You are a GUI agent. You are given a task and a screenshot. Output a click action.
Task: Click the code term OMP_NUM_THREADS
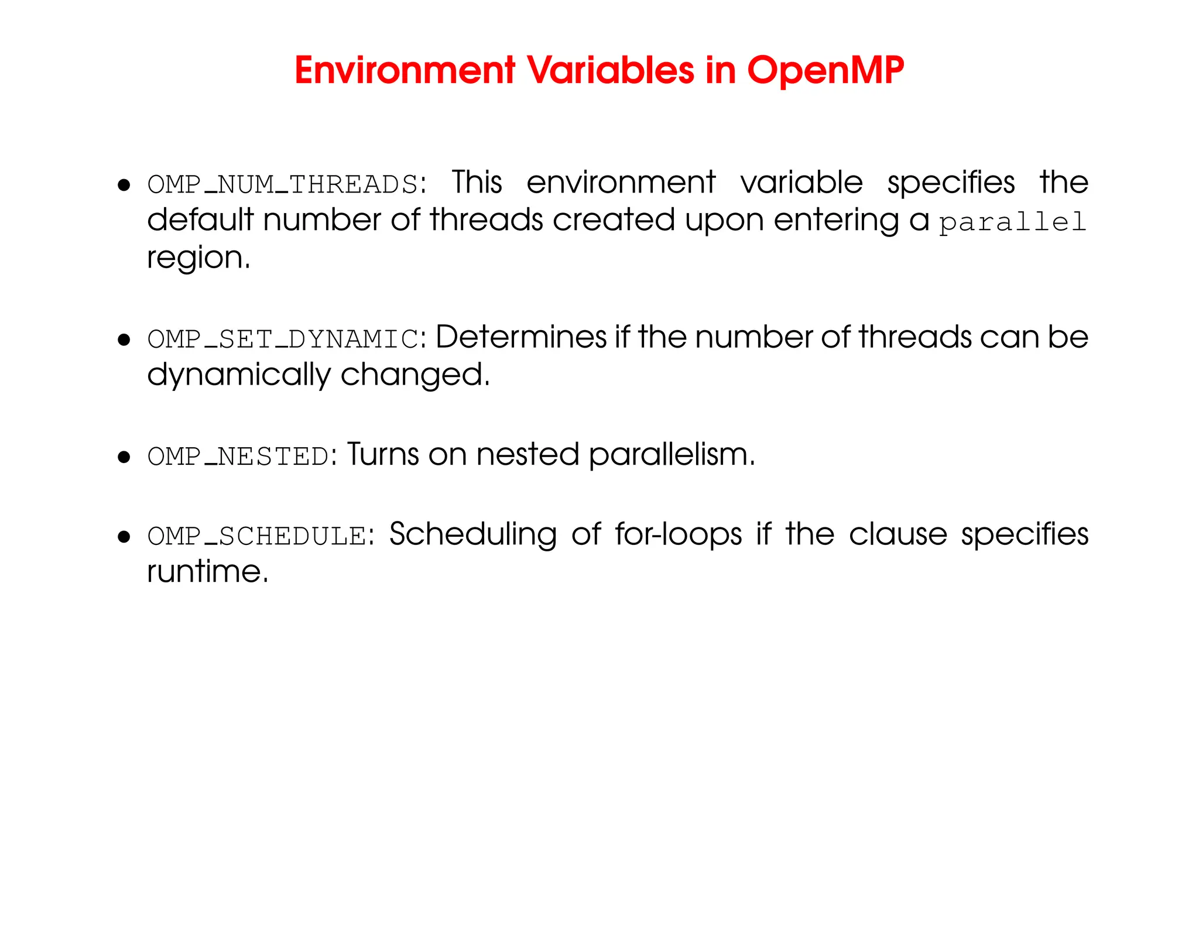click(x=283, y=185)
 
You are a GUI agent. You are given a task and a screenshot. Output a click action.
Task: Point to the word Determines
click(x=522, y=337)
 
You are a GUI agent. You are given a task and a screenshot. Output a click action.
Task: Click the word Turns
click(x=383, y=455)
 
